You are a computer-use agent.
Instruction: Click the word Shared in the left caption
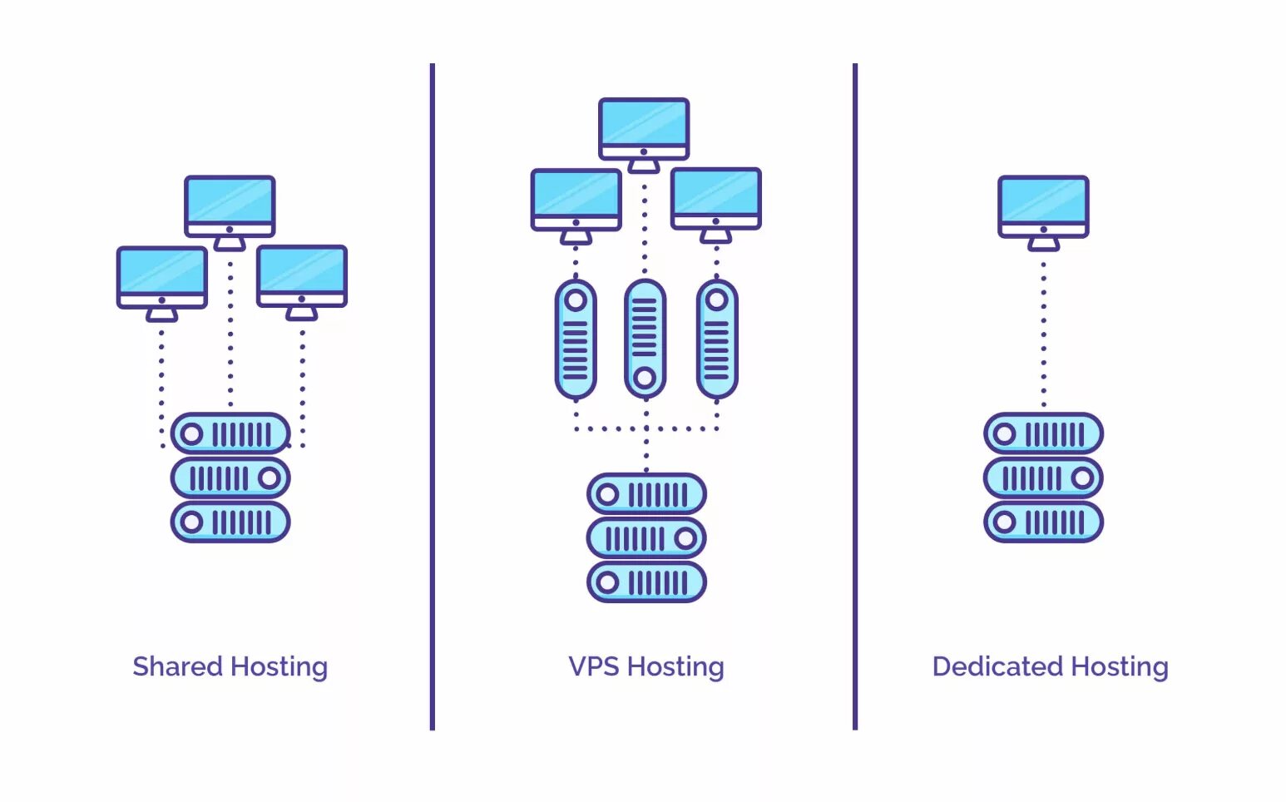click(x=177, y=666)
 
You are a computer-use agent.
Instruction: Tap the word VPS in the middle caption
click(x=593, y=666)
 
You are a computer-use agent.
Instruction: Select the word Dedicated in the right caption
click(x=997, y=666)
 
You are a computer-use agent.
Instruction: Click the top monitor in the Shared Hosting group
click(x=230, y=204)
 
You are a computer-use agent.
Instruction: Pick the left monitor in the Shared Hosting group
click(x=162, y=275)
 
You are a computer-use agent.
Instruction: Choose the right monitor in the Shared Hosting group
click(x=302, y=275)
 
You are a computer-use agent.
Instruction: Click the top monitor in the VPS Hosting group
click(x=644, y=126)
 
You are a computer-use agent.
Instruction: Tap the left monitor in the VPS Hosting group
click(x=576, y=198)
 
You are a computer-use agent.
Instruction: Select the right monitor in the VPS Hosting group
click(x=716, y=197)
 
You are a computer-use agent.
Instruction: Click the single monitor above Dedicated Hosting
click(x=1043, y=204)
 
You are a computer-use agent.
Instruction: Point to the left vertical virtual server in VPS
click(x=576, y=339)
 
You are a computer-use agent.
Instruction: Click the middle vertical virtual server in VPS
click(x=645, y=339)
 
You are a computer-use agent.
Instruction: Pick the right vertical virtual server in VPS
click(x=717, y=339)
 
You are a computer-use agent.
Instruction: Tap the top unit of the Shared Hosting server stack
click(x=230, y=433)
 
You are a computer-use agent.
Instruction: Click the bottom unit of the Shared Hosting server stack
click(x=230, y=522)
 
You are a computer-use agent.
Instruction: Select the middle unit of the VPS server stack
click(x=646, y=538)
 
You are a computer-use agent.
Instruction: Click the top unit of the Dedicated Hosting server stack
click(x=1043, y=433)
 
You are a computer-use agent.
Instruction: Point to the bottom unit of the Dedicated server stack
click(x=1043, y=522)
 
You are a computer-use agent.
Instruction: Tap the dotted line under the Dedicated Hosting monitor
click(x=1043, y=333)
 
